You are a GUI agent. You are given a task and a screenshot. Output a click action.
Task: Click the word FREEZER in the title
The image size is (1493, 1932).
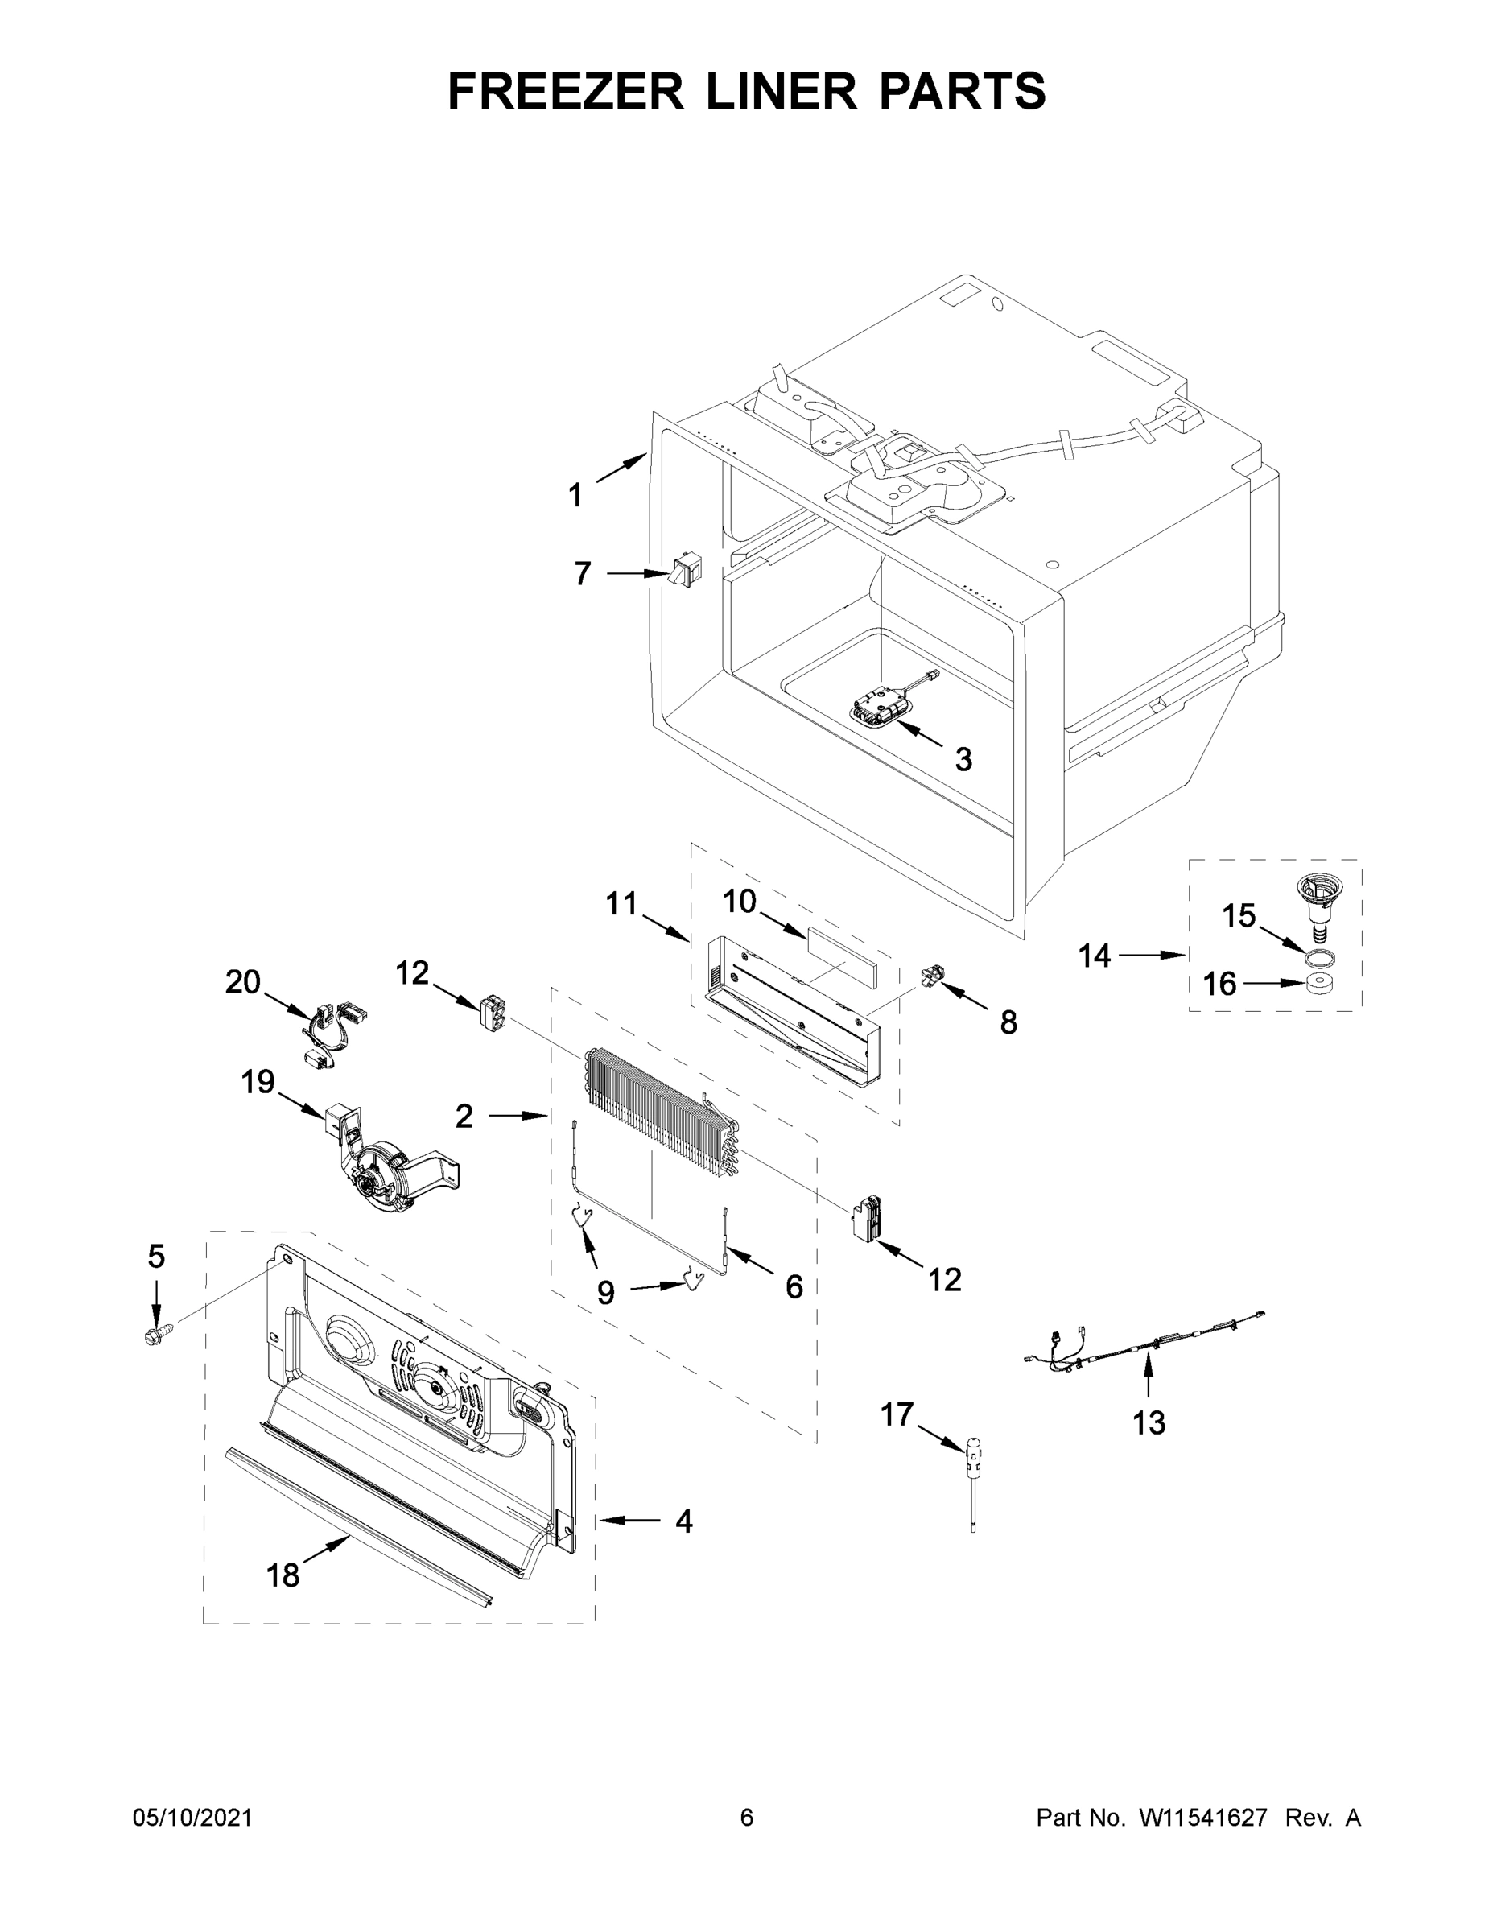click(565, 91)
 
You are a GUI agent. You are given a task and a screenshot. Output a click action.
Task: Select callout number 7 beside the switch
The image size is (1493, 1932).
click(582, 574)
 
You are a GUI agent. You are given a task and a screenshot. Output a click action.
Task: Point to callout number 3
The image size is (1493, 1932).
click(963, 758)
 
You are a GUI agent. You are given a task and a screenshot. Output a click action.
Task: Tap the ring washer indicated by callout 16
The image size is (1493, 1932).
click(1319, 983)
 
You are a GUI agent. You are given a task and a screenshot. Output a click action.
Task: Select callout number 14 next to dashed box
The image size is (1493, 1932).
click(1094, 956)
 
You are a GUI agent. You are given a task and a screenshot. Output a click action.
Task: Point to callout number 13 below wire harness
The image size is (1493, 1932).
click(1149, 1422)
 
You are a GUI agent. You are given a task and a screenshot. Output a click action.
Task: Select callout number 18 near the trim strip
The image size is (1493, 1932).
click(283, 1575)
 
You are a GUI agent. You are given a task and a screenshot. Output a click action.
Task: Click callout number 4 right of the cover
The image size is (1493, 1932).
click(683, 1520)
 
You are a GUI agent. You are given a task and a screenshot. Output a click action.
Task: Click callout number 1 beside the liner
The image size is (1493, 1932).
click(575, 494)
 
